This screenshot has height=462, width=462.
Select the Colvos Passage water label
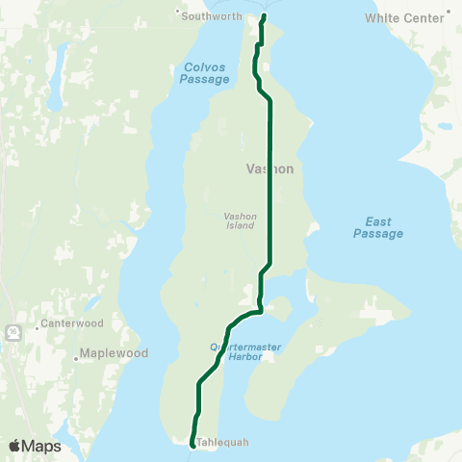(204, 72)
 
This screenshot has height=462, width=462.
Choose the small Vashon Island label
(240, 221)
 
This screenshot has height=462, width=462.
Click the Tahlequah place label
(222, 443)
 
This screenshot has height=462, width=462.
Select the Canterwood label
(69, 324)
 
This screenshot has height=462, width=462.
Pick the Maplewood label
(113, 353)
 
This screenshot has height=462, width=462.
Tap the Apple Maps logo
(34, 446)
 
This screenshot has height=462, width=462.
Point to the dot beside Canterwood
(37, 326)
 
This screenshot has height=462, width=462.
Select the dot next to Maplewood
(76, 358)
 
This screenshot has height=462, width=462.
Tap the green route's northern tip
(264, 15)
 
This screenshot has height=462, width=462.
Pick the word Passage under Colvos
(204, 79)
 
